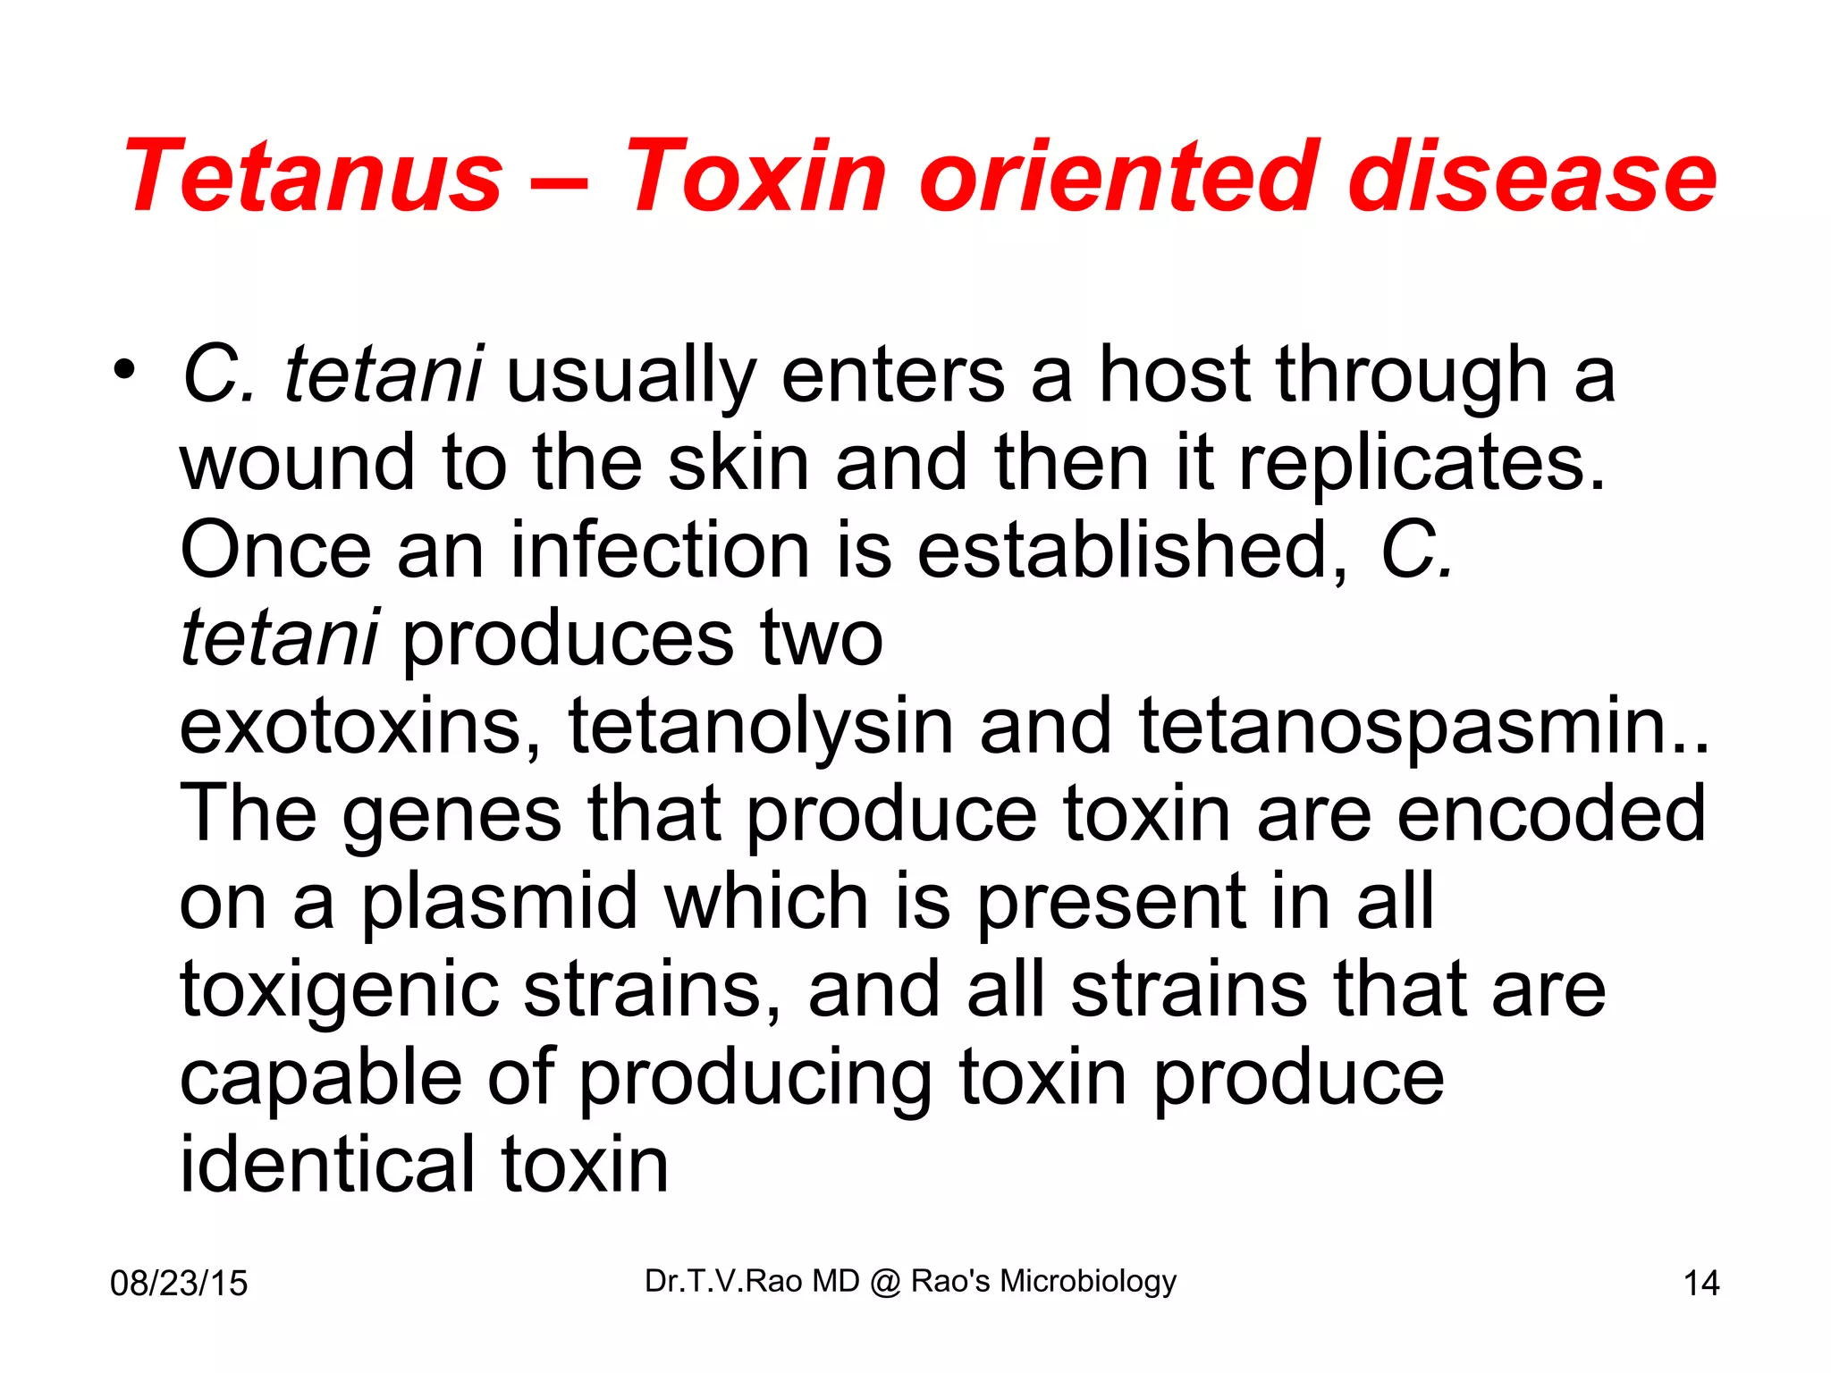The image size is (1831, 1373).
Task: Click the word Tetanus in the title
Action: pos(313,176)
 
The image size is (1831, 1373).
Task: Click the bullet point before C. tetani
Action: pos(124,369)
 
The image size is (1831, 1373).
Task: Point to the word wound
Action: pos(298,463)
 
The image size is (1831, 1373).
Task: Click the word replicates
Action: pos(1422,463)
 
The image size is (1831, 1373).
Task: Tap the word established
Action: pos(1132,550)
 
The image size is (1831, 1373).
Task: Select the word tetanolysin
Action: pos(761,725)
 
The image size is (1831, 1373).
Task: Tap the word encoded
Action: pos(1551,813)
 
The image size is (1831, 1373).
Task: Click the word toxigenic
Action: pos(339,990)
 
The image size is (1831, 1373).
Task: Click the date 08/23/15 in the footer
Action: pos(179,1284)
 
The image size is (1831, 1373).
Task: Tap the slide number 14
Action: pos(1700,1284)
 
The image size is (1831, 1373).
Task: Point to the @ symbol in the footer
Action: pos(884,1282)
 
